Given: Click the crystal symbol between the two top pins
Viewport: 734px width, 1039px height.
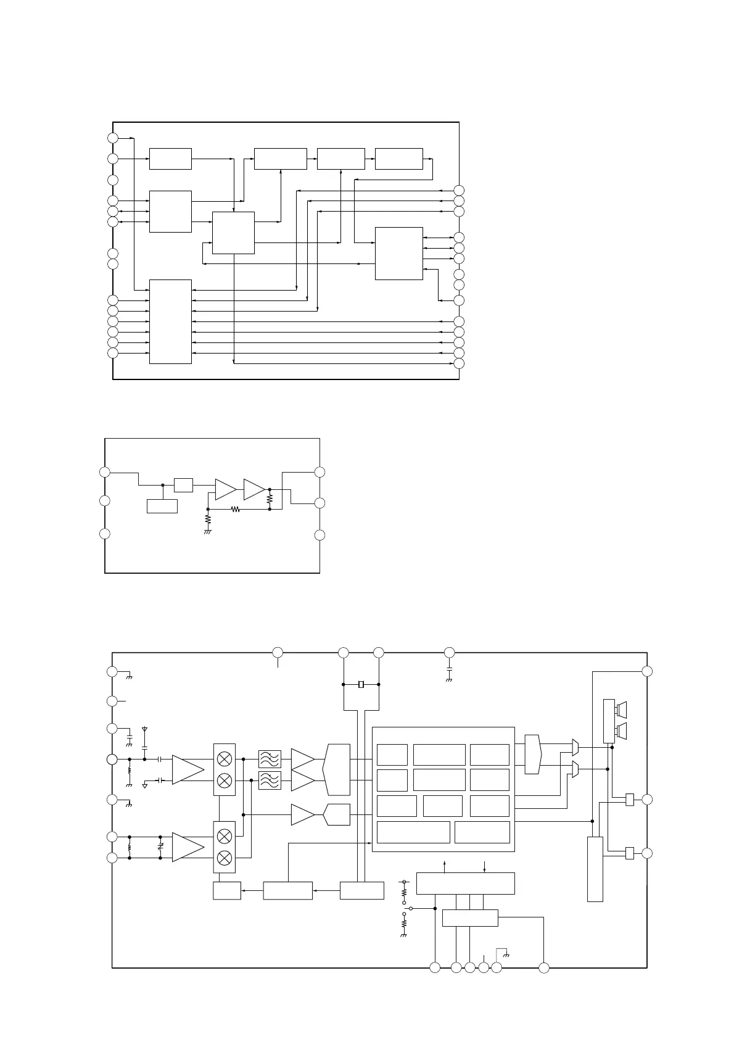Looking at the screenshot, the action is (x=361, y=684).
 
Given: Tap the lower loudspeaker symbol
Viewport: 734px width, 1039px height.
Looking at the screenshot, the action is (x=622, y=732).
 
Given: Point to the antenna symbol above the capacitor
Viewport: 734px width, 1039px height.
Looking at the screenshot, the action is (x=144, y=730).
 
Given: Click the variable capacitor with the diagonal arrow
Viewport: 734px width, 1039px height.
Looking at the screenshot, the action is (x=160, y=847).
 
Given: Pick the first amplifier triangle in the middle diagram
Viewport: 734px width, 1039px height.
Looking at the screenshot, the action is (x=225, y=490).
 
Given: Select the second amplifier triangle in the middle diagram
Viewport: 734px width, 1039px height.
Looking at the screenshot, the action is (x=254, y=490).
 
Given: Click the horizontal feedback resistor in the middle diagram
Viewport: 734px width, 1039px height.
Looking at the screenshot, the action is (x=235, y=510).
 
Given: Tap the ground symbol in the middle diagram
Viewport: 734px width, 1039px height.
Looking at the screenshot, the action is (x=208, y=531).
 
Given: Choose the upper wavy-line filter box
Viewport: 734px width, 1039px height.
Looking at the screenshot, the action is (x=270, y=758).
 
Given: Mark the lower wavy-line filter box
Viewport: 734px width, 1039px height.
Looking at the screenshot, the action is (x=270, y=780).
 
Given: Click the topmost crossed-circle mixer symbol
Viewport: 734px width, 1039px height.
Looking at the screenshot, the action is (x=225, y=758).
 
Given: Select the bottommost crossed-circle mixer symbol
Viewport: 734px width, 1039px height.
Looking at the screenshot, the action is (x=225, y=858).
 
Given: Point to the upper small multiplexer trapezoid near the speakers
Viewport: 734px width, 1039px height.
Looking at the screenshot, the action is (x=575, y=747).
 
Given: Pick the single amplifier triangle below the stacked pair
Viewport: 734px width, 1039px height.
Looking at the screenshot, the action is (x=302, y=814).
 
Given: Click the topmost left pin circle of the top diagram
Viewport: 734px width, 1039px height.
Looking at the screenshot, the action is (x=112, y=138).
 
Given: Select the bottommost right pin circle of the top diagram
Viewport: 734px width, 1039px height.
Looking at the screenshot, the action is (x=458, y=363).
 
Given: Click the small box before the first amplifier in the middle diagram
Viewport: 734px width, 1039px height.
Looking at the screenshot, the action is (x=183, y=485).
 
